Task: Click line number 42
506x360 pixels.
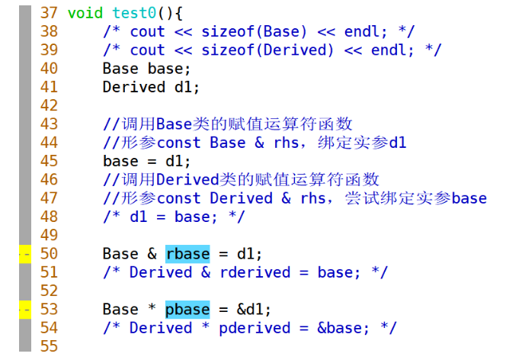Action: (x=48, y=105)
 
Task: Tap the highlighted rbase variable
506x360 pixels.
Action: (x=187, y=253)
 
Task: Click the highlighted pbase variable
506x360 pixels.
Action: (x=187, y=309)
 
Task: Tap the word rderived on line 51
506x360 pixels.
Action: (x=255, y=272)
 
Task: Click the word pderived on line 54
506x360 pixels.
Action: (x=255, y=328)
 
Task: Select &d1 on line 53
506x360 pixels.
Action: (x=255, y=309)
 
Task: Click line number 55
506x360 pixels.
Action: (x=48, y=346)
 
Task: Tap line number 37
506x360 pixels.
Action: (x=48, y=13)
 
